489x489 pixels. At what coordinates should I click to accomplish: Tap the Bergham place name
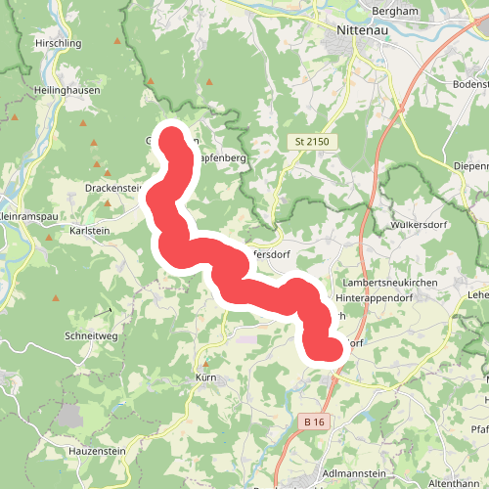click(396, 12)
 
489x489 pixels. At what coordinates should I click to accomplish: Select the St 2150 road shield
click(314, 142)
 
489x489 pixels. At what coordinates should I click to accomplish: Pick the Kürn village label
click(205, 377)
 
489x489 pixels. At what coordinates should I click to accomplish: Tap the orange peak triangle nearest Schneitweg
click(56, 297)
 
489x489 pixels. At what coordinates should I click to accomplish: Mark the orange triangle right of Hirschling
click(118, 43)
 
